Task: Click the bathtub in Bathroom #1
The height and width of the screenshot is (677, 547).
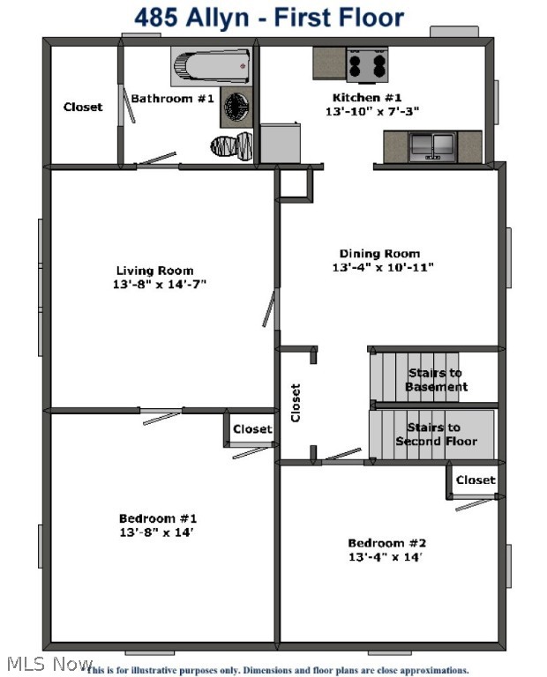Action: (x=210, y=65)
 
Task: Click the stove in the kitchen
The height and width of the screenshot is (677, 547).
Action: (x=366, y=64)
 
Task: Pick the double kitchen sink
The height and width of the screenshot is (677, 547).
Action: (x=432, y=145)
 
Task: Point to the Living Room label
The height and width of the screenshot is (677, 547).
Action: (x=154, y=271)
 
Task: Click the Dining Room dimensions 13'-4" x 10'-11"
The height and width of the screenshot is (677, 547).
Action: (x=383, y=267)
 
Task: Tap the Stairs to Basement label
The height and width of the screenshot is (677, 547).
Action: (x=436, y=380)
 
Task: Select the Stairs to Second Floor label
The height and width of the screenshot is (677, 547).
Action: (x=436, y=435)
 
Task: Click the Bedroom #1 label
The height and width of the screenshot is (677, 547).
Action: (x=158, y=518)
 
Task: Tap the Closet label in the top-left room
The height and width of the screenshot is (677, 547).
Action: (x=83, y=107)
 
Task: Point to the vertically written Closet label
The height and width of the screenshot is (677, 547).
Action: (x=296, y=402)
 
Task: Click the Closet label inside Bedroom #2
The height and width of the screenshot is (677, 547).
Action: (x=476, y=480)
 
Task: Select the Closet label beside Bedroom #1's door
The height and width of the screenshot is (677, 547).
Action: (x=252, y=429)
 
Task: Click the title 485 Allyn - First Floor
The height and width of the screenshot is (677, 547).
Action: (x=269, y=17)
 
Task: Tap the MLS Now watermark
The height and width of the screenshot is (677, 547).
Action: (x=49, y=663)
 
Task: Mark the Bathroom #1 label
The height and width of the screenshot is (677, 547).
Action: (x=173, y=98)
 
